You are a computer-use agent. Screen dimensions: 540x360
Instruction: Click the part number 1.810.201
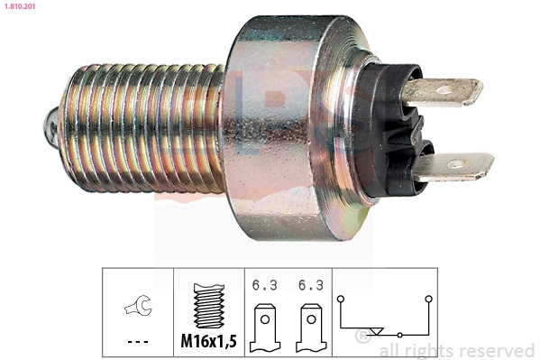[x=20, y=6]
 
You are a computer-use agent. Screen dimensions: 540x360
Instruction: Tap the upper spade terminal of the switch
[x=443, y=91]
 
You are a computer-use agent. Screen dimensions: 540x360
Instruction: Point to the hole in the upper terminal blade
[x=444, y=91]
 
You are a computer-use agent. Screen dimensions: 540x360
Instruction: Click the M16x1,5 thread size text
[x=209, y=341]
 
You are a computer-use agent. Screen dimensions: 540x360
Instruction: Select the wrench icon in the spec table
[x=138, y=305]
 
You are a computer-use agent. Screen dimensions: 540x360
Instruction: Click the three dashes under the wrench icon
[x=138, y=342]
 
